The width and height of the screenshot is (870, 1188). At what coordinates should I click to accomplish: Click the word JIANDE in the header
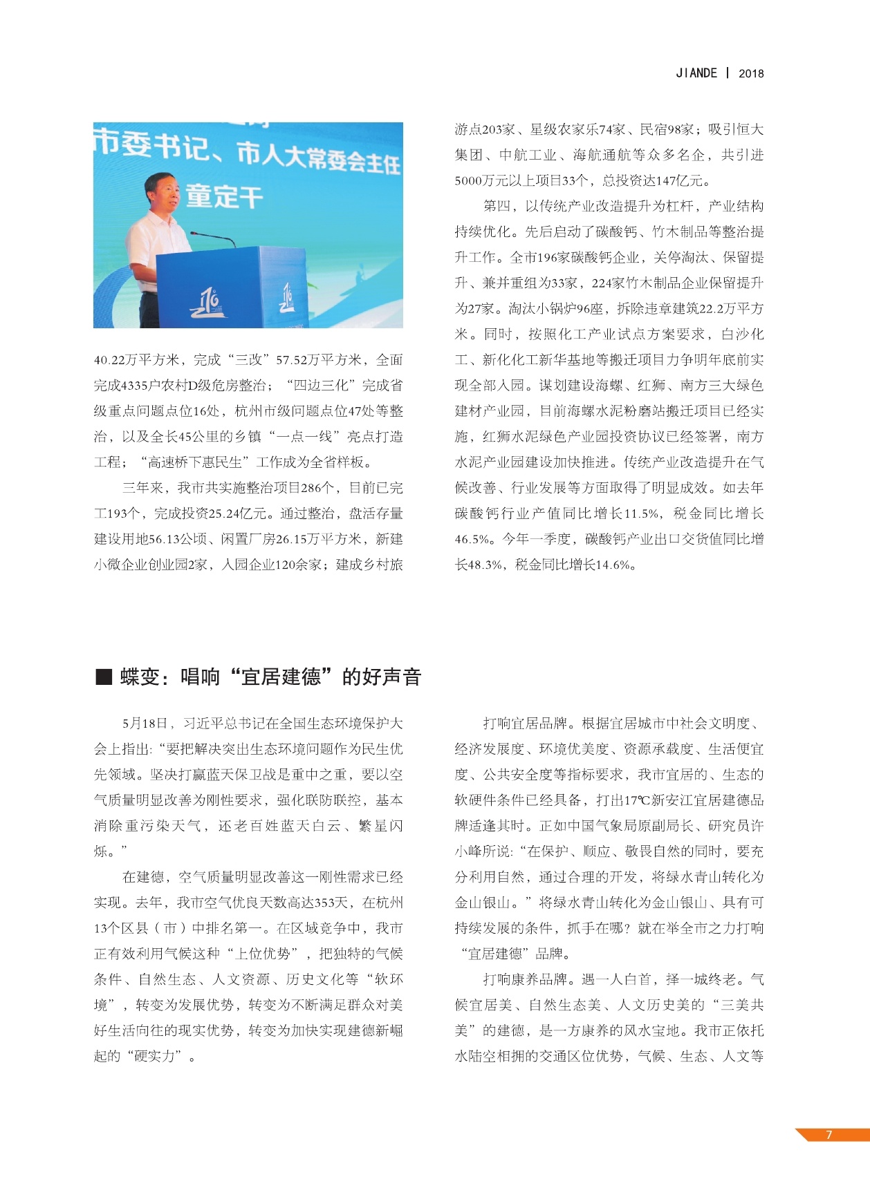[696, 73]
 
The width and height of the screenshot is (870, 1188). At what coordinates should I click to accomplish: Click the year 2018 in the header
[751, 73]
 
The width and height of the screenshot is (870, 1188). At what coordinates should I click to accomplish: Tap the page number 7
[829, 1134]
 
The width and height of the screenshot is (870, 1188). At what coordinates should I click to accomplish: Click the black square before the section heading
[104, 677]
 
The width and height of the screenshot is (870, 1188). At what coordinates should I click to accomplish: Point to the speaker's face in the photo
[160, 191]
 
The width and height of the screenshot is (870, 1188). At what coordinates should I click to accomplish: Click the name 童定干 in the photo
[224, 197]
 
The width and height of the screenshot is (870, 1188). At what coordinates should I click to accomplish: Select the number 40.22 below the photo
[109, 360]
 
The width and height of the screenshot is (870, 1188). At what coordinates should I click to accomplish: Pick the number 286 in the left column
[311, 488]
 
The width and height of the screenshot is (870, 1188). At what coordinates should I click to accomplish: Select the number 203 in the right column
[493, 130]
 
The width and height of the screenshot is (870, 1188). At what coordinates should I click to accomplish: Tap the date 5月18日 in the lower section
[145, 724]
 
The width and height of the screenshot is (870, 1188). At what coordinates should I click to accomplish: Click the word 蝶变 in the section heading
[140, 677]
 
